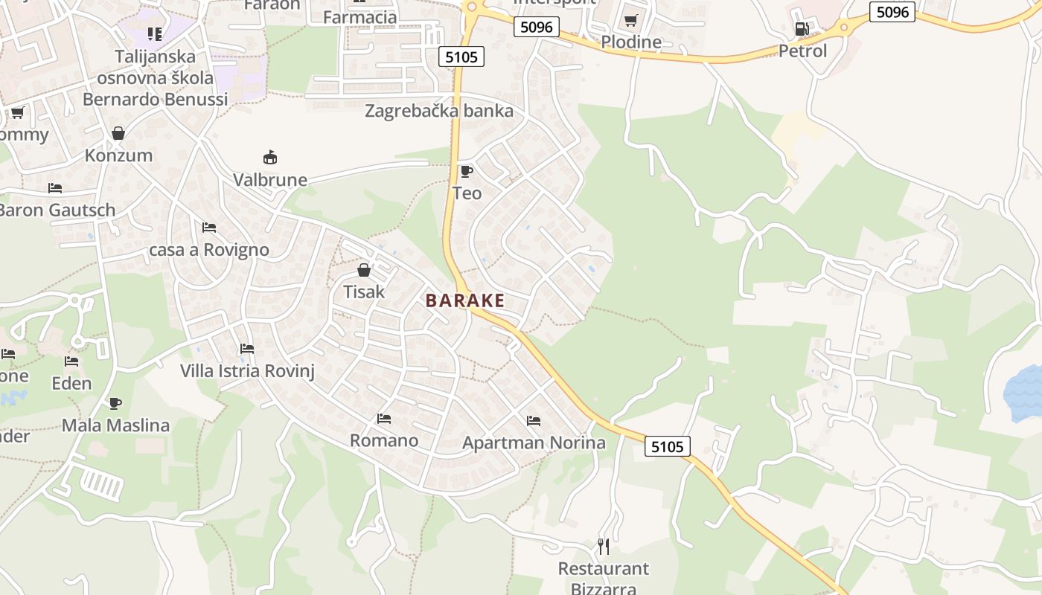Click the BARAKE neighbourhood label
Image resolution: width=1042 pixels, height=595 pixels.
(465, 300)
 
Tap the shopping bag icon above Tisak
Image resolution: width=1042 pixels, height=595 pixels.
(364, 270)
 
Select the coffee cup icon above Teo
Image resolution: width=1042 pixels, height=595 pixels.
(467, 172)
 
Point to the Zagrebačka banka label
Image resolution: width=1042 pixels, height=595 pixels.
(439, 112)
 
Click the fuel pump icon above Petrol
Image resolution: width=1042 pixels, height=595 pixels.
(802, 29)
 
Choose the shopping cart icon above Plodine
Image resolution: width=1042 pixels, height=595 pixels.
(631, 20)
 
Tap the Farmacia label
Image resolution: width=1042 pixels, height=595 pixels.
(360, 16)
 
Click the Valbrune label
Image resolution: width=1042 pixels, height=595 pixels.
(270, 180)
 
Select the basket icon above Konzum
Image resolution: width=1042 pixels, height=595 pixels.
(118, 133)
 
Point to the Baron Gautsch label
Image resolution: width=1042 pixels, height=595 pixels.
(57, 210)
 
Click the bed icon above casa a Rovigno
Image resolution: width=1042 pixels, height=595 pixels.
(209, 227)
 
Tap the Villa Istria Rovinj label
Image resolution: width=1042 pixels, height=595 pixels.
(247, 370)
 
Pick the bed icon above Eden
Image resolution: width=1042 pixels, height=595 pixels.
(71, 361)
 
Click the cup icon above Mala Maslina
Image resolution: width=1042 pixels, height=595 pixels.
(115, 403)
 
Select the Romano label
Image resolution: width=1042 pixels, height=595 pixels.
(384, 440)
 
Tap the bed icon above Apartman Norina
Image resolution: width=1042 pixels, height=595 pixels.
(534, 420)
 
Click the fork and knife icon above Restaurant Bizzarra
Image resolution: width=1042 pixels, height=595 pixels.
(604, 547)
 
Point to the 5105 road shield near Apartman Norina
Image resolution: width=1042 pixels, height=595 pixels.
(667, 446)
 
